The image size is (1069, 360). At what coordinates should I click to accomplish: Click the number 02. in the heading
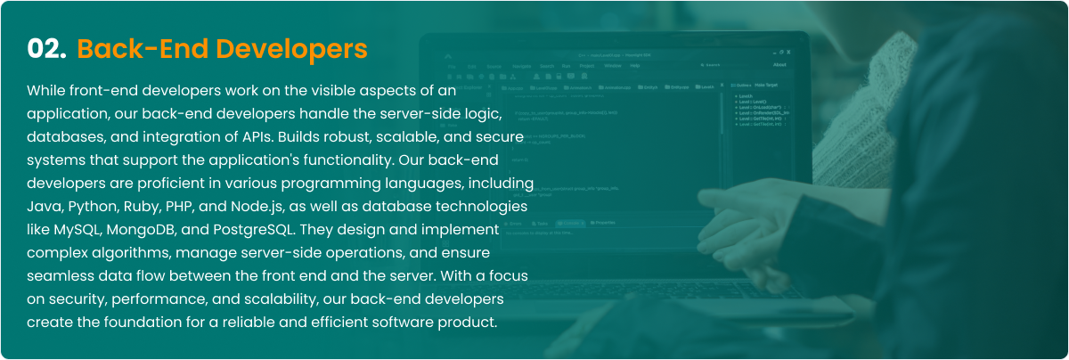47,49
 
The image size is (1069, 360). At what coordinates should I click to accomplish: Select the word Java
45,206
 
